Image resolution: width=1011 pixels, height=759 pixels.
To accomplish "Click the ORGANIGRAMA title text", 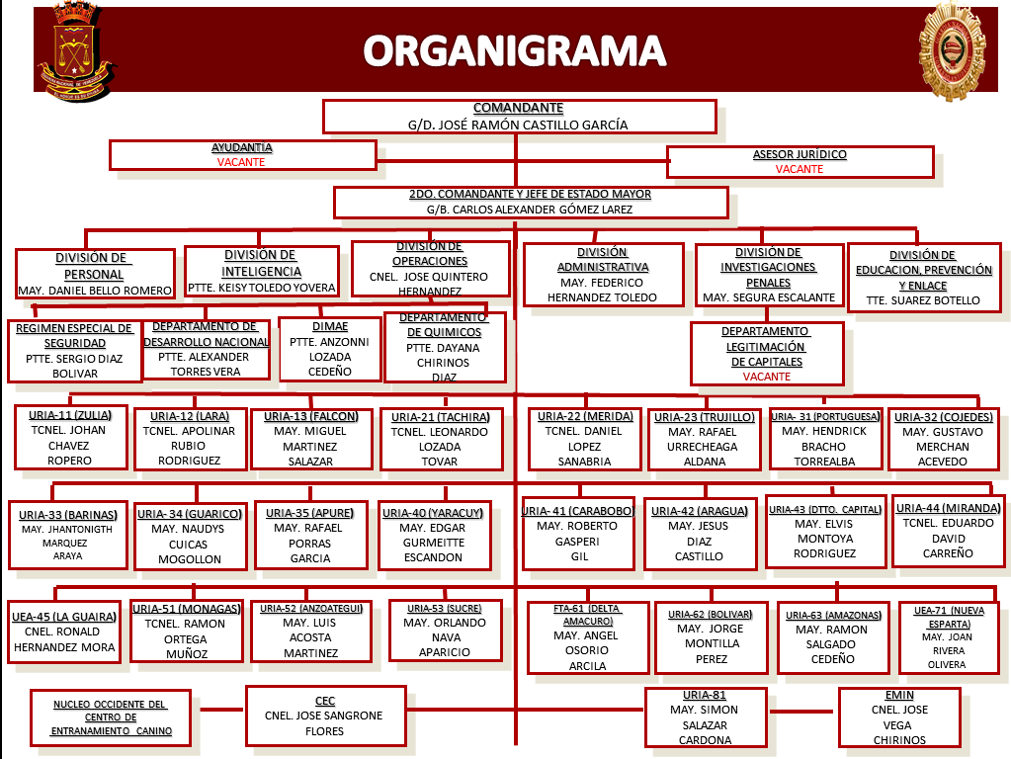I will pyautogui.click(x=513, y=50).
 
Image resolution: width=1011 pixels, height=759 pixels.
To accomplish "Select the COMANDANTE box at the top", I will pyautogui.click(x=519, y=117).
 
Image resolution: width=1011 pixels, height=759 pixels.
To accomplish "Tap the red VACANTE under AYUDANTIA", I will pyautogui.click(x=241, y=162).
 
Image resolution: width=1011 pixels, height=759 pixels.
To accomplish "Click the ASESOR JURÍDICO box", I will pyautogui.click(x=800, y=162).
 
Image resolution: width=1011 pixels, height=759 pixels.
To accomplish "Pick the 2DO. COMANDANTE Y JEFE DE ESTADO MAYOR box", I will pyautogui.click(x=531, y=202).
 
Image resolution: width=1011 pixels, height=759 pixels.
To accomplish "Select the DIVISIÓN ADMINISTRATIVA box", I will pyautogui.click(x=603, y=275).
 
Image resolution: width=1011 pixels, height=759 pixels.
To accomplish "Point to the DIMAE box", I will pyautogui.click(x=330, y=349).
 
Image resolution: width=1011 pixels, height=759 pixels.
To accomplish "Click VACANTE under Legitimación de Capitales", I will pyautogui.click(x=767, y=377).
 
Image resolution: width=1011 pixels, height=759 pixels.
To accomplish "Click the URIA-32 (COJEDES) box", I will pyautogui.click(x=942, y=438).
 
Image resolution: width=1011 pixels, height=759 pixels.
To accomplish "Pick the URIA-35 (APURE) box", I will pyautogui.click(x=310, y=536).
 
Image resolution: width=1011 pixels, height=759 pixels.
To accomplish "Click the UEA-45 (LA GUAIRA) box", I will pyautogui.click(x=64, y=632).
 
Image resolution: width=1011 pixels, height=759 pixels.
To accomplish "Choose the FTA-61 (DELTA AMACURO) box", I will pyautogui.click(x=587, y=636).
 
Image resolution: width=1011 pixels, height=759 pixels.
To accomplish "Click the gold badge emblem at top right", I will pyautogui.click(x=952, y=51).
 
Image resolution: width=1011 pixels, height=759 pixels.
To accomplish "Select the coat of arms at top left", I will pyautogui.click(x=75, y=53).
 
